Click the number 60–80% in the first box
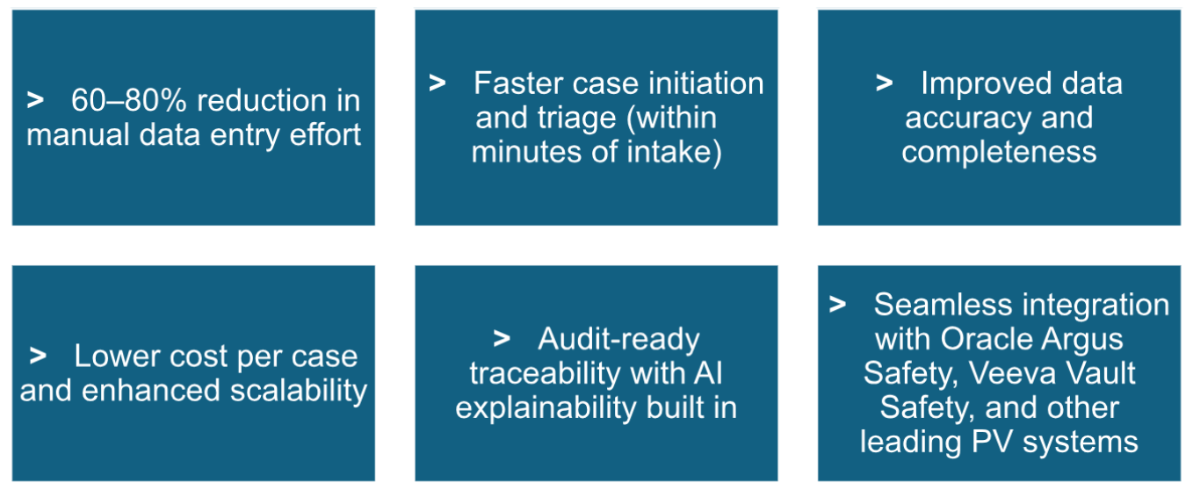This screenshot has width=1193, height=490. click(x=128, y=100)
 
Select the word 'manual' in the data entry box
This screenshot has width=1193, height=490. click(x=78, y=134)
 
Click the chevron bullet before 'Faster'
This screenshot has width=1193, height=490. click(x=437, y=83)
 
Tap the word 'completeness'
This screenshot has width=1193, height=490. click(x=999, y=152)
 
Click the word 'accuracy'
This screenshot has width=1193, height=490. click(x=968, y=119)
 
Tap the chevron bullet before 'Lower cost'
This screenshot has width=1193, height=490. click(x=38, y=356)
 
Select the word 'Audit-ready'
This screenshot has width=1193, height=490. click(x=618, y=339)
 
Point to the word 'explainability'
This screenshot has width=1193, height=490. click(x=546, y=408)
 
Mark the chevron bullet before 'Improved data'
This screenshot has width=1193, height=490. click(x=885, y=83)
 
